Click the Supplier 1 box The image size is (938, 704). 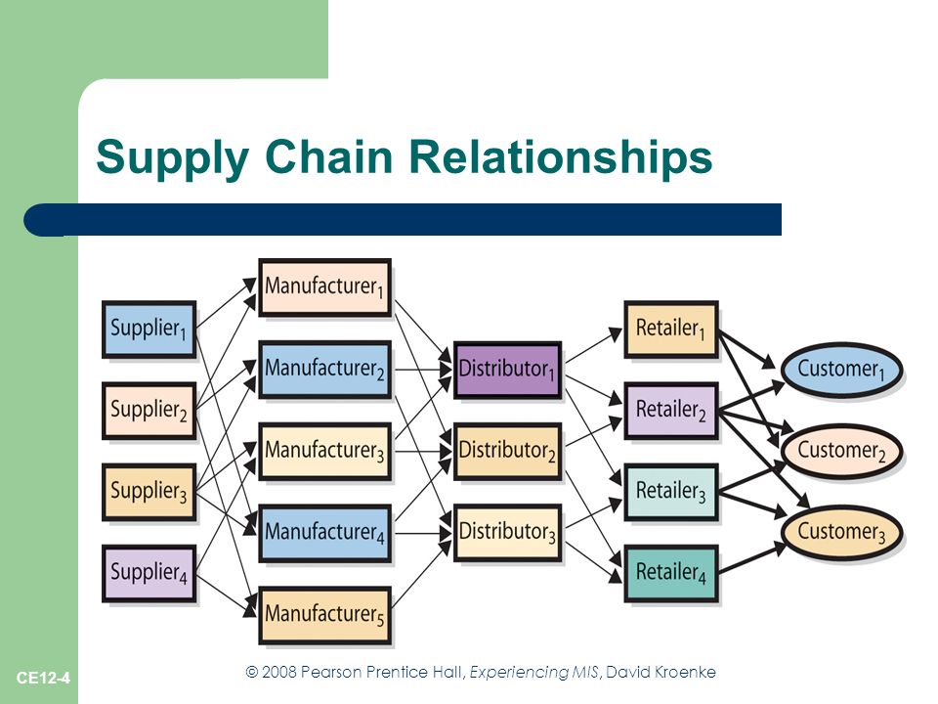coord(149,330)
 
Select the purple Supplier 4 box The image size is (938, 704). coord(149,573)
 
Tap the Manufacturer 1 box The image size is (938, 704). coord(324,287)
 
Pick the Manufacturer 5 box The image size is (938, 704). coord(324,615)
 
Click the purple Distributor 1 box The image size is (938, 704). coord(508,370)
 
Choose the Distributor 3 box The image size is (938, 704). coord(508,533)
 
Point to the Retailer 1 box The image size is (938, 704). coord(671,330)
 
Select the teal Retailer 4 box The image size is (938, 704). coord(671,573)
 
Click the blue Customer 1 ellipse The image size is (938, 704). coord(841,370)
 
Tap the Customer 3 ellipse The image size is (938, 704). coord(841,533)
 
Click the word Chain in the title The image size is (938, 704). coord(328,156)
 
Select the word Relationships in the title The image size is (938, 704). coord(561,156)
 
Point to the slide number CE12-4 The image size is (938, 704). coord(43,678)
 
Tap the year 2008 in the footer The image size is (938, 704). coord(278,673)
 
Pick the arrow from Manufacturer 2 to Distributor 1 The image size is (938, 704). coord(423,370)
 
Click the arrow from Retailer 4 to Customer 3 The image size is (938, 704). coord(752,557)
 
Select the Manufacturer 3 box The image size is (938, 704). coord(324,452)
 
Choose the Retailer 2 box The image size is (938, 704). coord(671,411)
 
